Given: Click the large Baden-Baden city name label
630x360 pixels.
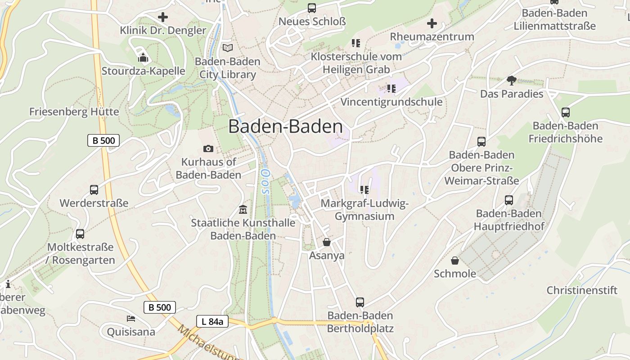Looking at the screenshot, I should pos(285,126).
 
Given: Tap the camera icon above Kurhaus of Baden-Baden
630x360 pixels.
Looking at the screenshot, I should pos(208,148).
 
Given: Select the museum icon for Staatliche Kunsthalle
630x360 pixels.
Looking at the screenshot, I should pos(243,209).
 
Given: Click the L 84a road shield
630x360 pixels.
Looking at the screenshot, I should pos(212,321).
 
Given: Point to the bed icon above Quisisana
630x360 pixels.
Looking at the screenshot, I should pos(131,319).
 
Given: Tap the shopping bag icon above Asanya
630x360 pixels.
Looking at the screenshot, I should pos(327,242).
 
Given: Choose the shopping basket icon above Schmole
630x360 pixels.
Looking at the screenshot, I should pos(455,261).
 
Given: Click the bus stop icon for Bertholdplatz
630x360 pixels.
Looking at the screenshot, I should pos(360,302).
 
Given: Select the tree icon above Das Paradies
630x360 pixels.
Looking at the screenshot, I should pos(511,81).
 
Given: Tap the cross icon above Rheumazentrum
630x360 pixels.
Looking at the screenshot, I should pos(432,23).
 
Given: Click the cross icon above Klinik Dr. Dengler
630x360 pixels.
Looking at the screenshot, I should pos(163,17).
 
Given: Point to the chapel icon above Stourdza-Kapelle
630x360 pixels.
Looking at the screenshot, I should pos(143,58).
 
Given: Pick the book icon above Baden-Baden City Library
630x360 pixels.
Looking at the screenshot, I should pos(228,48).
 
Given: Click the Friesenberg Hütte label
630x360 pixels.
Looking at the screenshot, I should pos(74,112).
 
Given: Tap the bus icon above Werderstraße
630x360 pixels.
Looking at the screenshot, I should pos(94,189).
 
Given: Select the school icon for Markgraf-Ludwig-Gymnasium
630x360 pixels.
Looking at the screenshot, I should pos(364,190).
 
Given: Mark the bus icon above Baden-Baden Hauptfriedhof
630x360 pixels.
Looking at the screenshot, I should pos(509,200).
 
